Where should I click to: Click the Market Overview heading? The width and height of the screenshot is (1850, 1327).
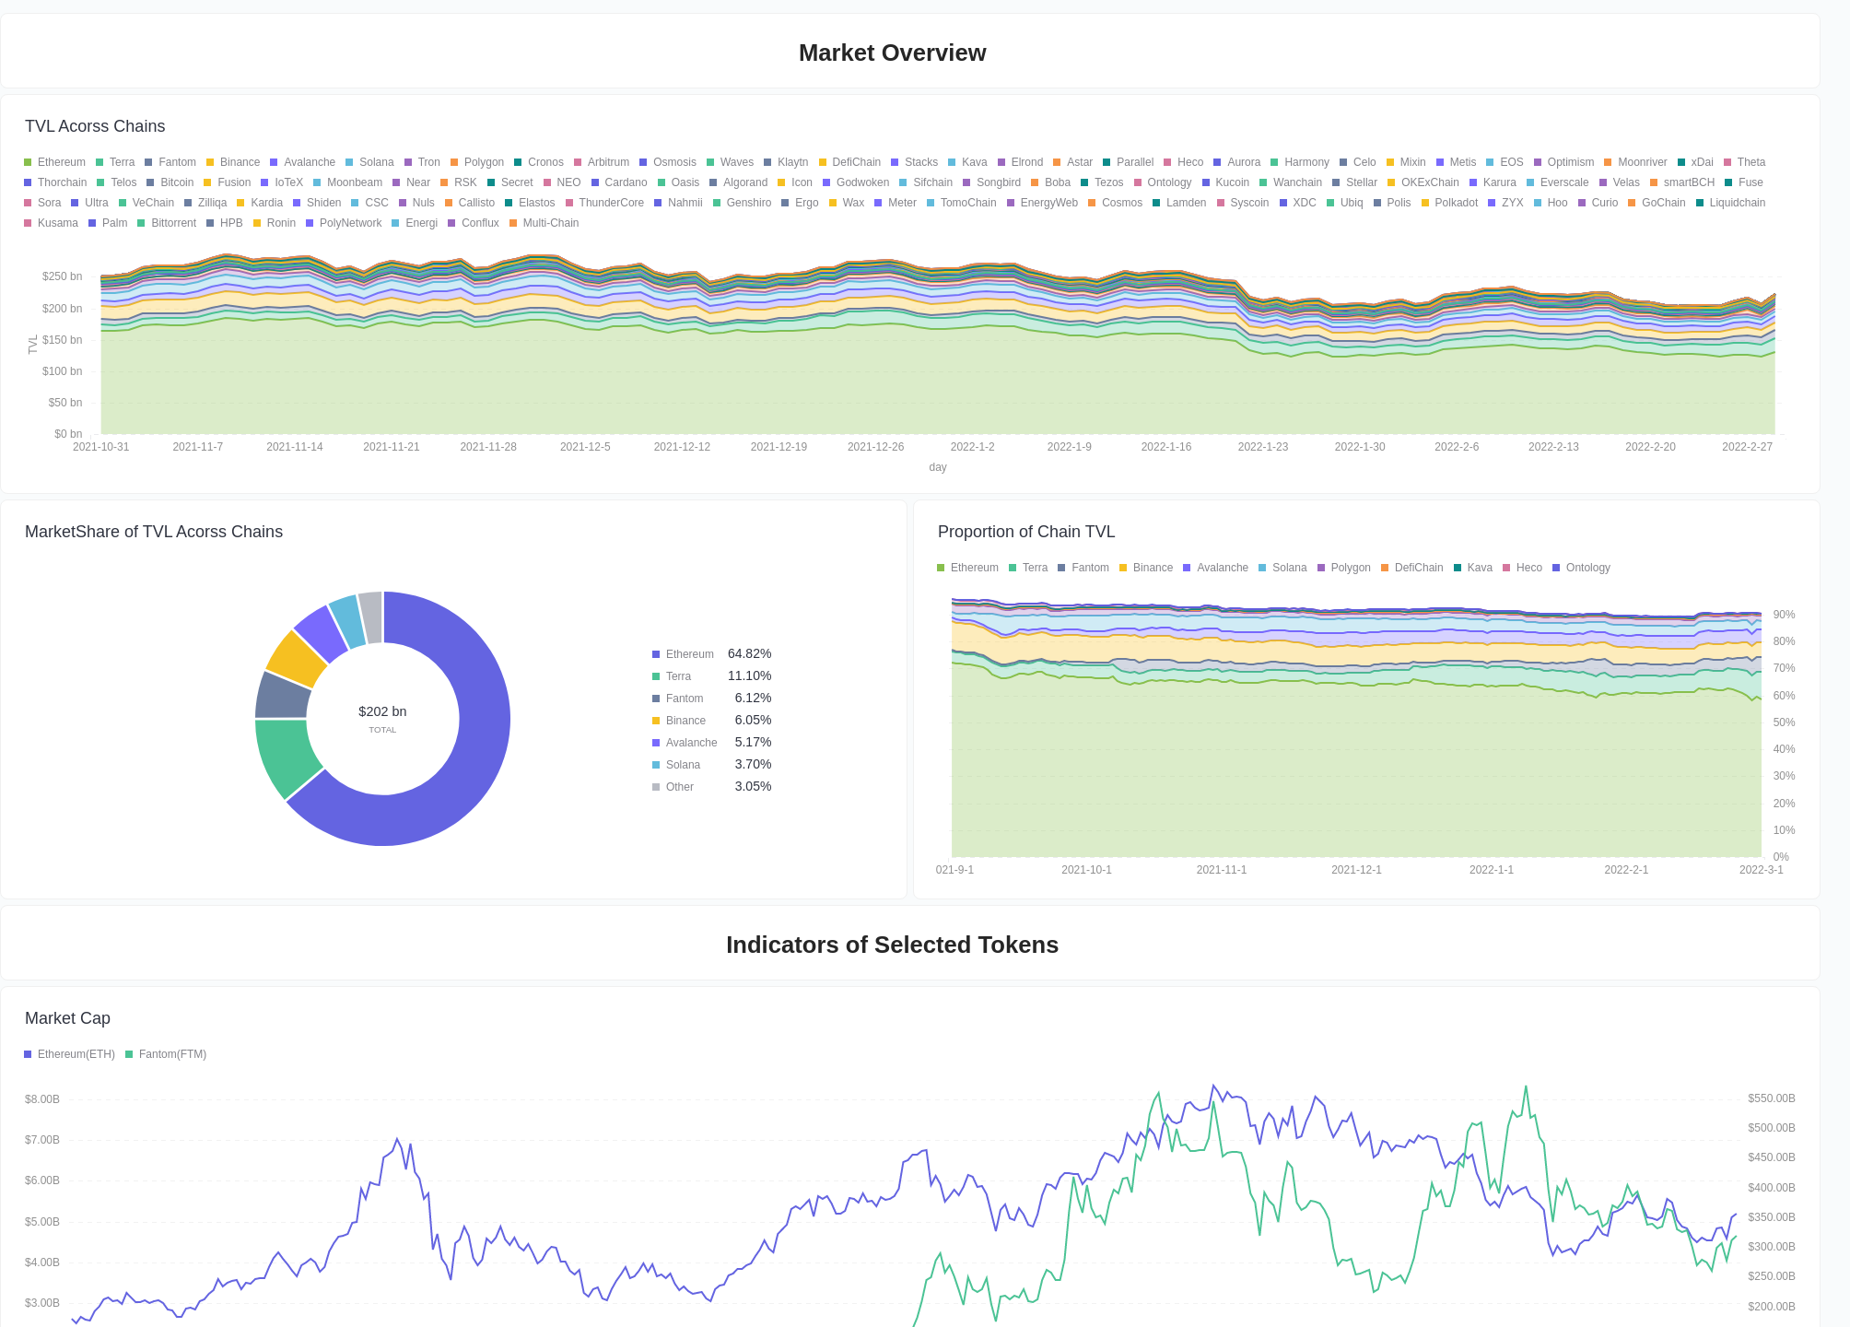click(892, 53)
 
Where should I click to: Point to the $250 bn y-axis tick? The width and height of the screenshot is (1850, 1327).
click(62, 276)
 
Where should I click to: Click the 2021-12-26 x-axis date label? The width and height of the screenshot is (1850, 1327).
click(875, 447)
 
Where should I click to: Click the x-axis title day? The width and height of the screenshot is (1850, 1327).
click(937, 467)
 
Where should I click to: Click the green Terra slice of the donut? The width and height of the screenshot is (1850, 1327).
click(284, 756)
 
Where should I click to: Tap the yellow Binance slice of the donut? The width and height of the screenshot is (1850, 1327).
click(295, 658)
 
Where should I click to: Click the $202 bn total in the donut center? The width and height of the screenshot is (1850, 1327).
click(382, 711)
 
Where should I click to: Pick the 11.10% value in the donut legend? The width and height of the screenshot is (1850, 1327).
click(749, 675)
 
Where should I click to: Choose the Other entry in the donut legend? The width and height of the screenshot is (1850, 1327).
click(679, 787)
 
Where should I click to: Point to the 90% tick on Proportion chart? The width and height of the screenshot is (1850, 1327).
click(1784, 615)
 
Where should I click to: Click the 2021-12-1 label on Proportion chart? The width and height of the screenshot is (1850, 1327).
click(1356, 870)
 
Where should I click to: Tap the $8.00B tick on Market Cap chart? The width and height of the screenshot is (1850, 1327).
click(42, 1099)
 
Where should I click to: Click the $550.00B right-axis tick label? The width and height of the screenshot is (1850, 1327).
click(1771, 1098)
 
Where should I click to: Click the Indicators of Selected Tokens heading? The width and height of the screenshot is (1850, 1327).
click(892, 945)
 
